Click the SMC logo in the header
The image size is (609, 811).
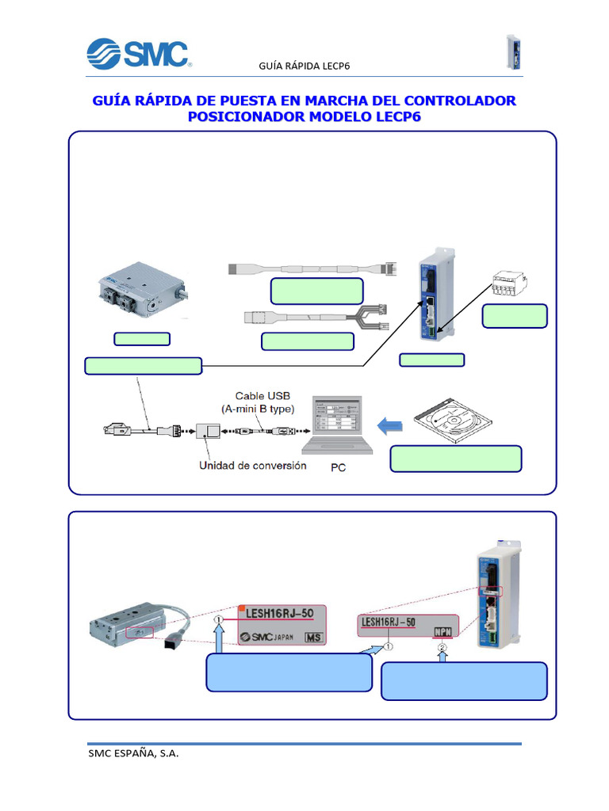[x=137, y=54]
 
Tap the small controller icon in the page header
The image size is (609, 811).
[x=513, y=53]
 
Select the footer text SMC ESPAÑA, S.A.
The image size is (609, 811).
[x=133, y=754]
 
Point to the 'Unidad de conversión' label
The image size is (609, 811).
[x=252, y=466]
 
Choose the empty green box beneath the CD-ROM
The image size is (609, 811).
[x=456, y=459]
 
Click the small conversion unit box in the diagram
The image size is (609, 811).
[x=211, y=432]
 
